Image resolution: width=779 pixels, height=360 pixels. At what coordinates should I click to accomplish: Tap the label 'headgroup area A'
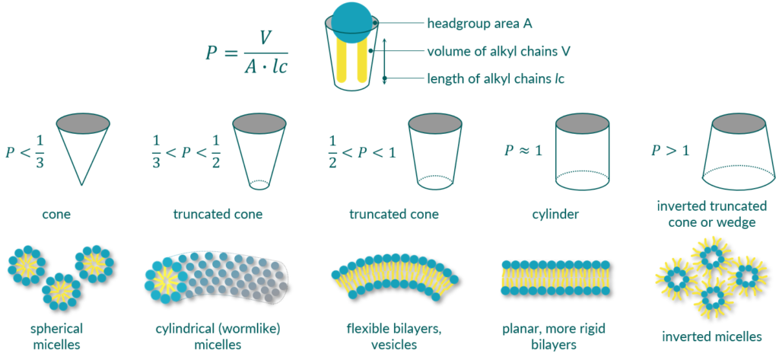(479, 24)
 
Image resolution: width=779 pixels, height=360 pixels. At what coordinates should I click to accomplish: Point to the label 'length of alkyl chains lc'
(495, 78)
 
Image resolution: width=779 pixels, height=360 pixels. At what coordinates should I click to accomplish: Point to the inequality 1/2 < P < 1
(361, 150)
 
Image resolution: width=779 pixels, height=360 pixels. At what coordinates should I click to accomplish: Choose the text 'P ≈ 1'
(523, 151)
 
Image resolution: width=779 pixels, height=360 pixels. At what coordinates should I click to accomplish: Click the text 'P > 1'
(669, 150)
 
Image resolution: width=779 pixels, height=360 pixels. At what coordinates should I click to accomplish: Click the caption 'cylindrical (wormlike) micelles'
(216, 336)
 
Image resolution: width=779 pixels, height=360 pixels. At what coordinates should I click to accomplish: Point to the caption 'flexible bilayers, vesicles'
(394, 336)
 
